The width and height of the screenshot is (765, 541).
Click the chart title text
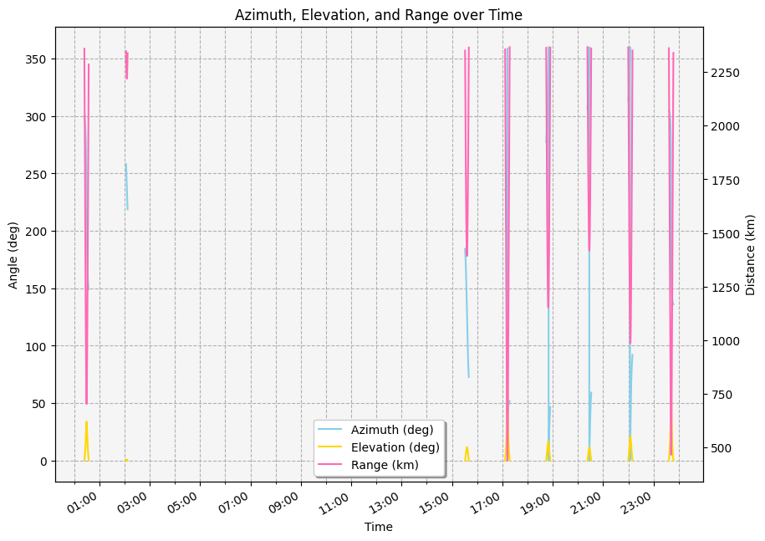coord(379,14)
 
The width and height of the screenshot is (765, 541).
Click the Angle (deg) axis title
coord(13,254)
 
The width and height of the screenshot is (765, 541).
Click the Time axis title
coord(379,527)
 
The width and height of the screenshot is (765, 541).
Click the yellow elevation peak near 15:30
coord(467,448)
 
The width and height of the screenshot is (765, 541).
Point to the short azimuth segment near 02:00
coord(126,186)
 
